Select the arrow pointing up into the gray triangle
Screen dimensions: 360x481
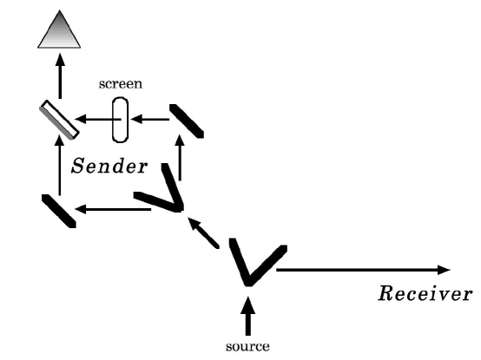tap(60, 75)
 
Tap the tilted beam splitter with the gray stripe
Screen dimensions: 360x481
tap(60, 121)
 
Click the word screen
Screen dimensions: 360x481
tap(120, 85)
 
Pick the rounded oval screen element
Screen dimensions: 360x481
tap(120, 120)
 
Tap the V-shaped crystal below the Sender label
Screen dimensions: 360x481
tap(163, 198)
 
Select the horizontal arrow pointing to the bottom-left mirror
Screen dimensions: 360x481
tap(104, 209)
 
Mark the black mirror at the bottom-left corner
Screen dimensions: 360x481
tap(59, 211)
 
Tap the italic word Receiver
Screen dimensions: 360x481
tap(425, 293)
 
